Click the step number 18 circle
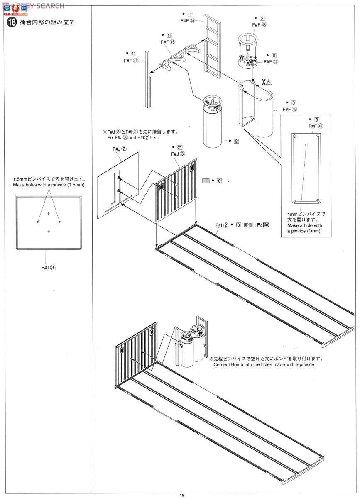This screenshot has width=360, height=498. coord(10,22)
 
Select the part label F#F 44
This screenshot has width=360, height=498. coord(131,61)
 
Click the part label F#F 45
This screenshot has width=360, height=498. coord(188,20)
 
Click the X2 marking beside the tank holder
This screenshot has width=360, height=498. coord(266,82)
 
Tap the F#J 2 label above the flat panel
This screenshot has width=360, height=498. coord(119,148)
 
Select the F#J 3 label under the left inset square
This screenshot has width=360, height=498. coord(48,268)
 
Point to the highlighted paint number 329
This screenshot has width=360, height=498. coord(266,225)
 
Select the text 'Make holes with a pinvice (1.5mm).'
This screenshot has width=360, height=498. coord(49,185)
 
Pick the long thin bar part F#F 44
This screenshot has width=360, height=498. coord(147,79)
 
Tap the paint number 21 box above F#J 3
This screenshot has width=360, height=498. coord(179,147)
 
